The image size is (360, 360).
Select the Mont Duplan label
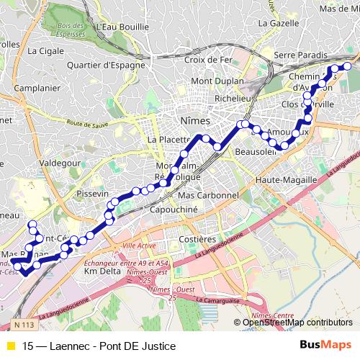[x=213, y=81]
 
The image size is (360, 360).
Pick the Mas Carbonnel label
[x=207, y=195]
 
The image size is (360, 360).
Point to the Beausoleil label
[x=256, y=153]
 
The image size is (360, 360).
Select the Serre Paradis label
[x=301, y=55]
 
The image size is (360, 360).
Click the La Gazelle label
[x=277, y=23]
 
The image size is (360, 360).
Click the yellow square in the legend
[x=10, y=346]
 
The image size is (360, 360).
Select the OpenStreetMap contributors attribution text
[x=297, y=322]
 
